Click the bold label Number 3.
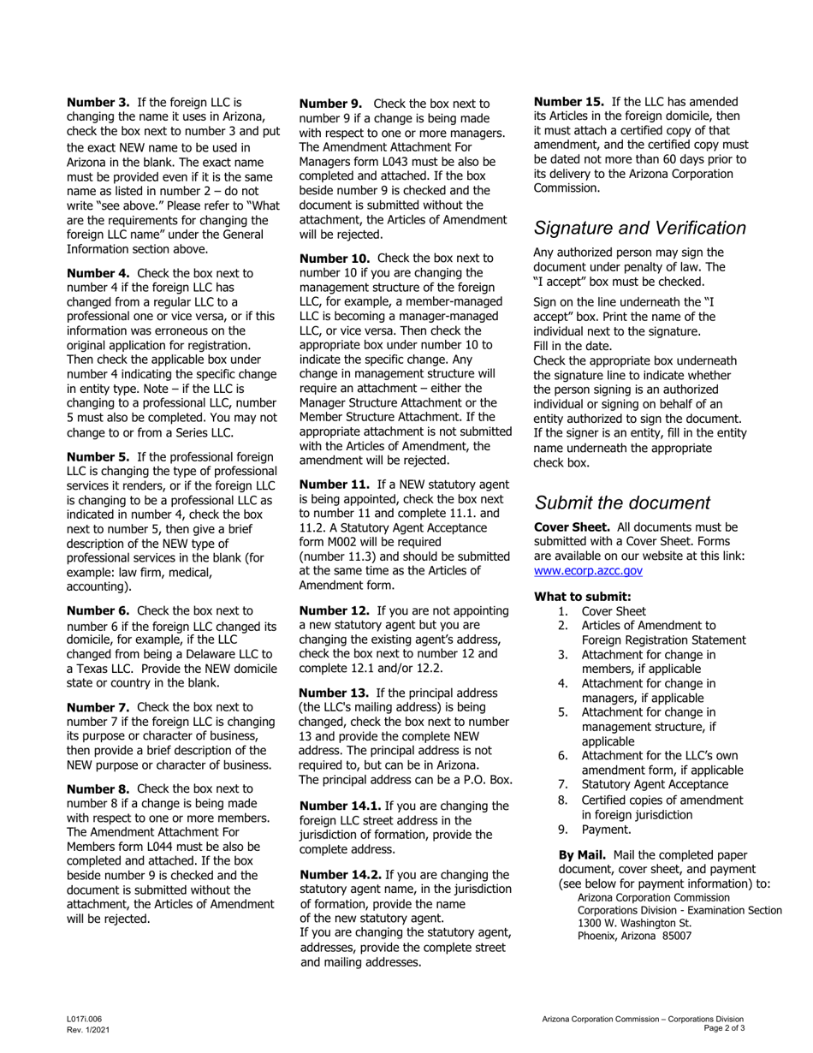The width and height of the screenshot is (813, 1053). (98, 102)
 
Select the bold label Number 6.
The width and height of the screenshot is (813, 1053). (98, 611)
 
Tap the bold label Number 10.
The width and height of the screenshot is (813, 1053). (335, 258)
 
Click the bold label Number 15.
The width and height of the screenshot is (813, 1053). (569, 102)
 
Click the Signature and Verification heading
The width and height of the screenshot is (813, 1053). (639, 229)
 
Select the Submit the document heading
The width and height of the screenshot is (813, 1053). (621, 503)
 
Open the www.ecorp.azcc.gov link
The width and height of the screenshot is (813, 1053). (587, 571)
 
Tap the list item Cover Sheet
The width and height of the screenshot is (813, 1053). (614, 611)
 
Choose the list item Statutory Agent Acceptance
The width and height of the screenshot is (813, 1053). (655, 785)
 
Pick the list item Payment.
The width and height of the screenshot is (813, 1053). (606, 830)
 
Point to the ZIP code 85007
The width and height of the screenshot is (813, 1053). (675, 936)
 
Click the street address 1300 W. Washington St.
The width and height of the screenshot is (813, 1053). (633, 923)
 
